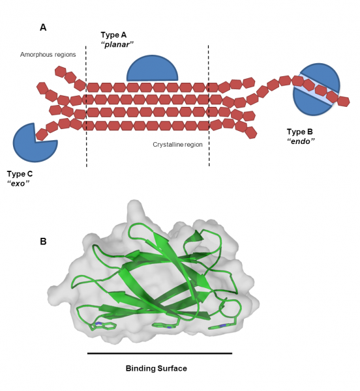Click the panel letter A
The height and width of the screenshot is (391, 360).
[43, 27]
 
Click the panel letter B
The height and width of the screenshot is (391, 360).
[43, 241]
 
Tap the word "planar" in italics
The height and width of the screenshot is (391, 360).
[119, 44]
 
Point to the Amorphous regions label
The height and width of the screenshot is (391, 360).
[48, 55]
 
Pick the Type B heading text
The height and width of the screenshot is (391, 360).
[302, 132]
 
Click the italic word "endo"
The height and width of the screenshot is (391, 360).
[301, 141]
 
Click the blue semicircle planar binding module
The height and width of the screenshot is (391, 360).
[152, 70]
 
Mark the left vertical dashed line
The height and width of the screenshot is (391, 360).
[86, 104]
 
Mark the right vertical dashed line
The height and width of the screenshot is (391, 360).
[209, 104]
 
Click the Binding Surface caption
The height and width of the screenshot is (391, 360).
[156, 368]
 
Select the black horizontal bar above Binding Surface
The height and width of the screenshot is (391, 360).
[160, 353]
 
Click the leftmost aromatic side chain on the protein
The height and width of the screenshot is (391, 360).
[104, 323]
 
